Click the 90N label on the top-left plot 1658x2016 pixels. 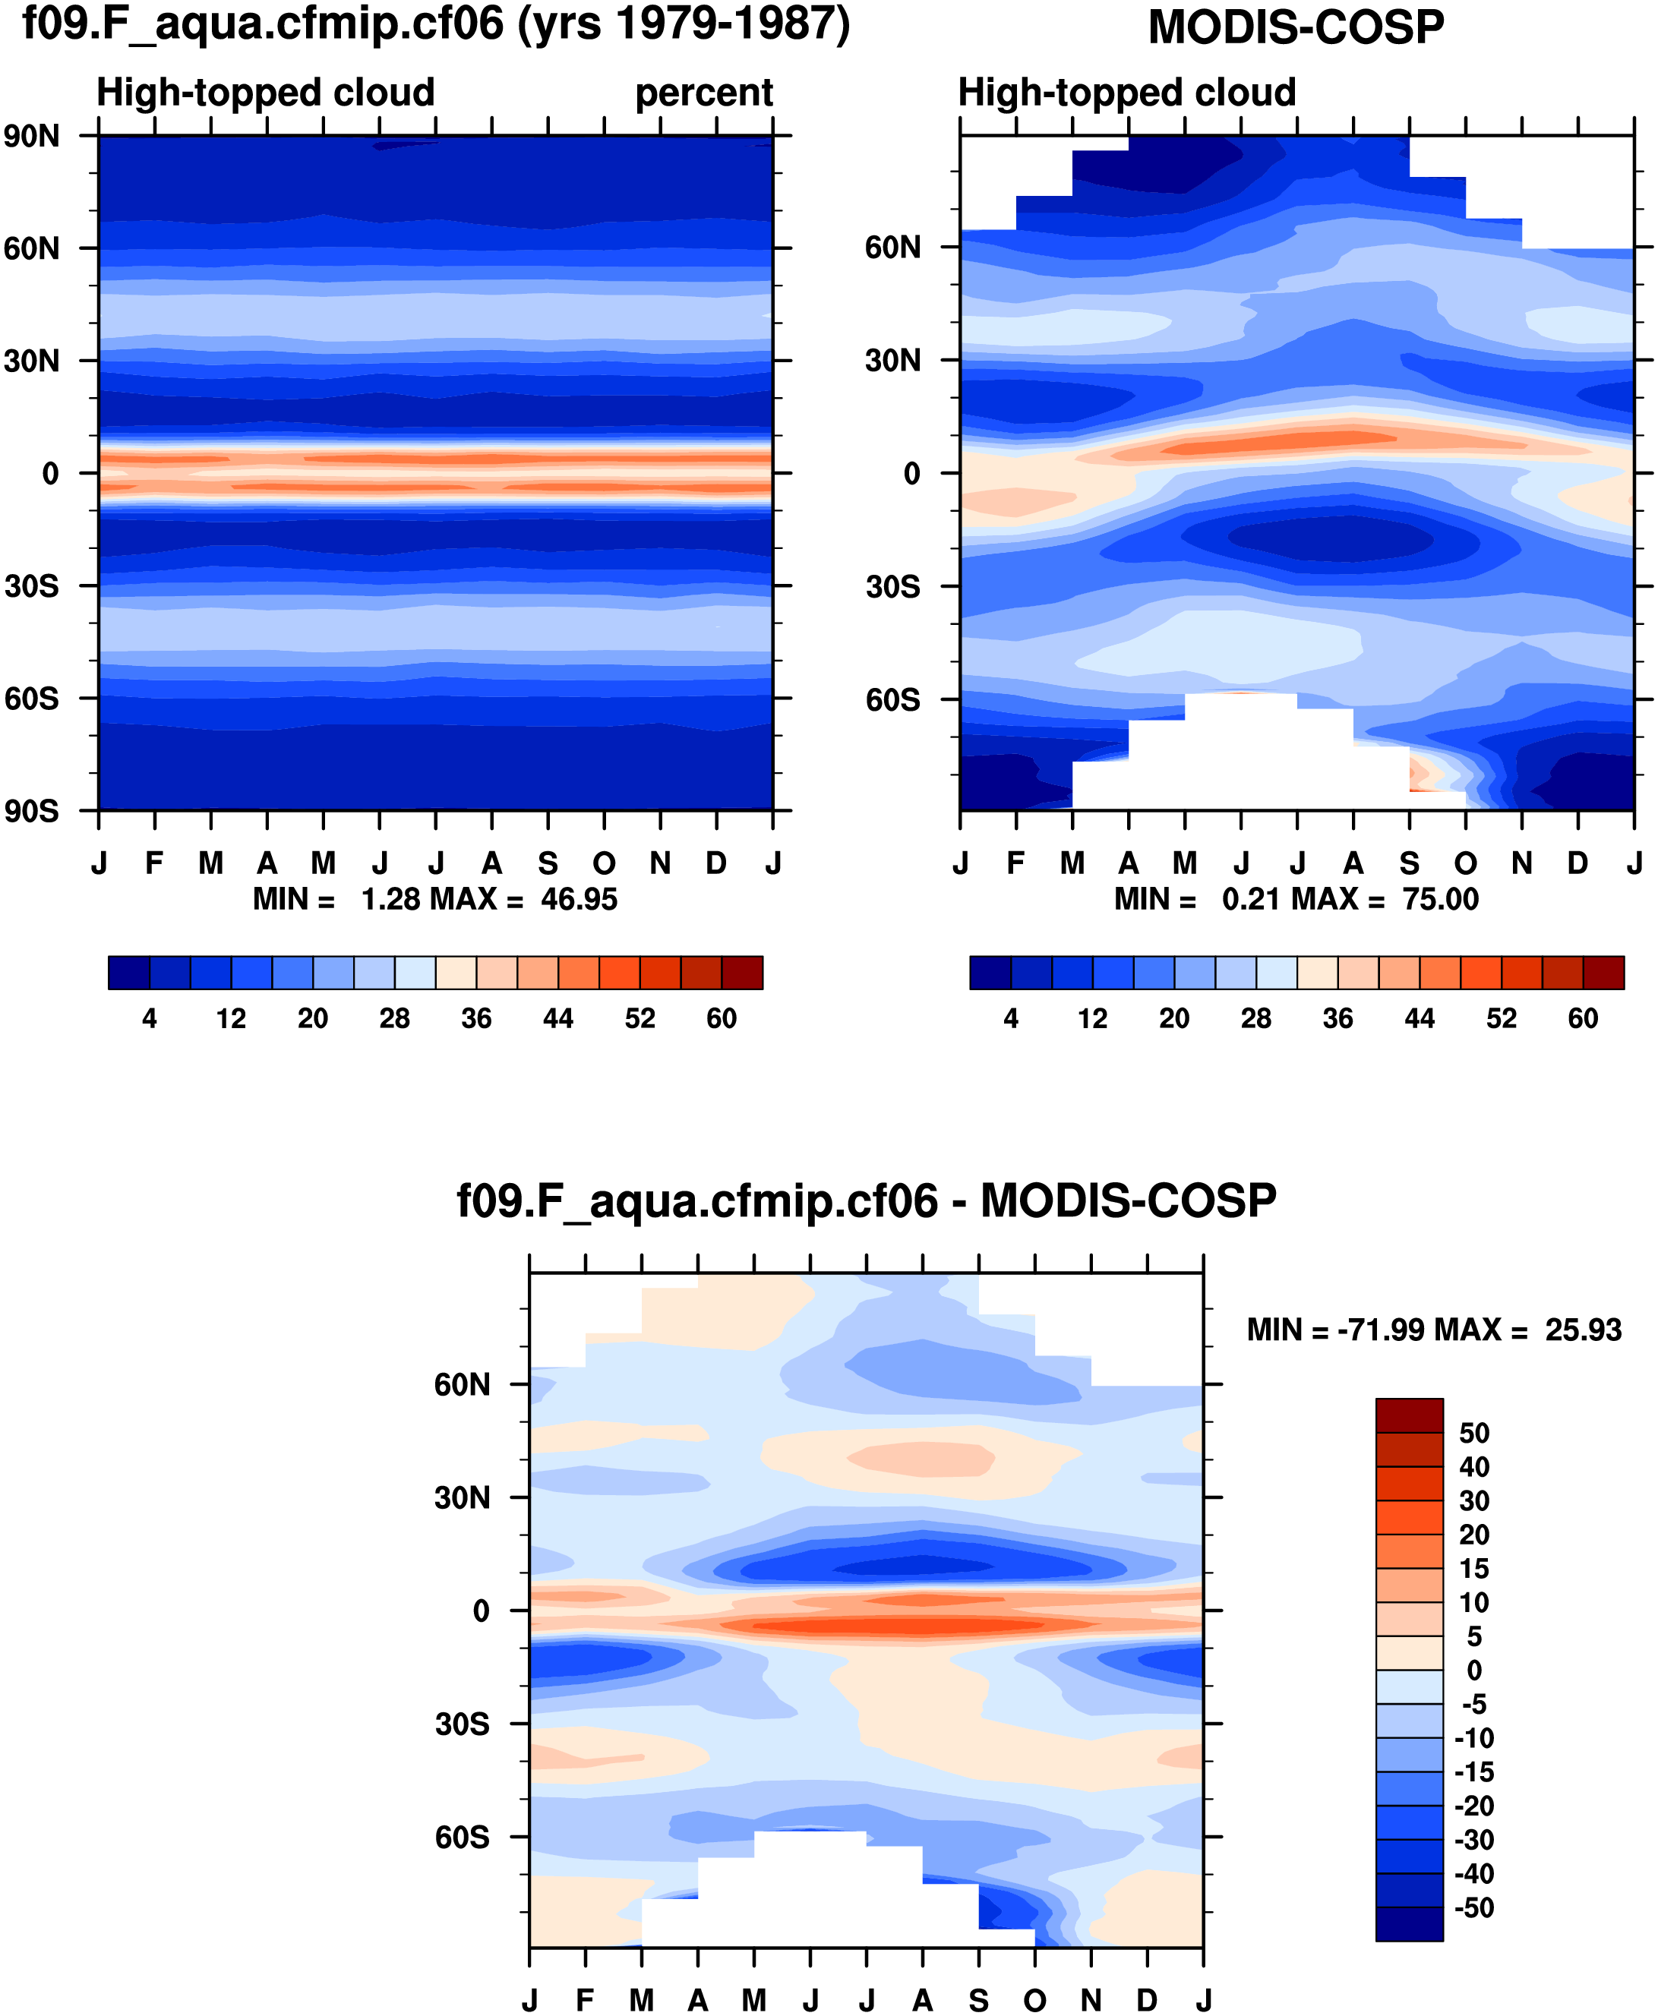[x=31, y=137]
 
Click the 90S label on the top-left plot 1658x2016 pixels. [x=31, y=812]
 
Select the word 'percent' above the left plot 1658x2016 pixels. [x=704, y=93]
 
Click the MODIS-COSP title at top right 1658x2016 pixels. [x=1295, y=27]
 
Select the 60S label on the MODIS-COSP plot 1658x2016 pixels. [x=893, y=700]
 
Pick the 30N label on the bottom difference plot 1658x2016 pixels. [x=463, y=1497]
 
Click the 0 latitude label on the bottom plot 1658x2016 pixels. [x=482, y=1611]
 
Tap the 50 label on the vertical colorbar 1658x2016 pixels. [x=1473, y=1433]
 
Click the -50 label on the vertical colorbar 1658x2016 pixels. [x=1473, y=1907]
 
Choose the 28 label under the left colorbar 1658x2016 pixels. [x=394, y=1018]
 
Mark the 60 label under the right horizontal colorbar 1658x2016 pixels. [x=1583, y=1018]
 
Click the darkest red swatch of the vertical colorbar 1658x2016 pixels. [x=1409, y=1415]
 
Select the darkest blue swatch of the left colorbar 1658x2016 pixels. [x=129, y=972]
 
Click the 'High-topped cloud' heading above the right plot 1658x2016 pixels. [x=1127, y=93]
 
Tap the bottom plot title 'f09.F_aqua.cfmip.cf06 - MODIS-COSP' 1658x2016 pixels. [x=867, y=1200]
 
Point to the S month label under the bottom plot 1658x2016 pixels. [x=979, y=2000]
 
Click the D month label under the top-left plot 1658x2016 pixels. [x=716, y=863]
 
